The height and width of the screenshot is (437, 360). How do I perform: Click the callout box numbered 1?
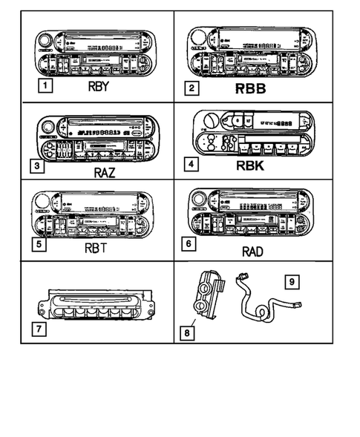click(x=46, y=86)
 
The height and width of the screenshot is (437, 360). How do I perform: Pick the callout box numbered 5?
click(x=35, y=242)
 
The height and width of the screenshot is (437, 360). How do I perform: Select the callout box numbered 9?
click(x=294, y=282)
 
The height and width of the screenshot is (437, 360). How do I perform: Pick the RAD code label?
click(x=253, y=251)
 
